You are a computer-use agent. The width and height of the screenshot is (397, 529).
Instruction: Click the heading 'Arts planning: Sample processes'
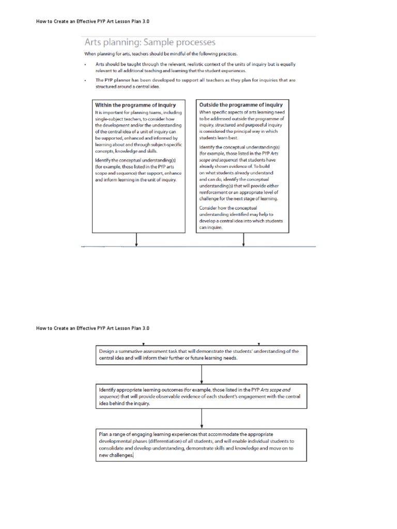pos(150,42)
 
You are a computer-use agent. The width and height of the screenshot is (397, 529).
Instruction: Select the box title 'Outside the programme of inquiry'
pos(242,105)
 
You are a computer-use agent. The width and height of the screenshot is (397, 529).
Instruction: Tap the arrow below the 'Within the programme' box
pos(136,240)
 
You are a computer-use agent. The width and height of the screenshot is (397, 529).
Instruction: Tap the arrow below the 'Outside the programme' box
pos(243,240)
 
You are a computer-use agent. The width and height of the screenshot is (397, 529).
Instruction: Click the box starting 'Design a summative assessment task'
pos(201,354)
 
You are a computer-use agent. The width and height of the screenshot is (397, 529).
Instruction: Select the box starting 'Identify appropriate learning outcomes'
pos(201,396)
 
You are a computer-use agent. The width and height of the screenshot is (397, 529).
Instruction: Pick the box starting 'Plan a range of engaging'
pos(201,445)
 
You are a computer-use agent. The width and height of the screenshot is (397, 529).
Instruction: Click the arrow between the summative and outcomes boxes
pos(201,373)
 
